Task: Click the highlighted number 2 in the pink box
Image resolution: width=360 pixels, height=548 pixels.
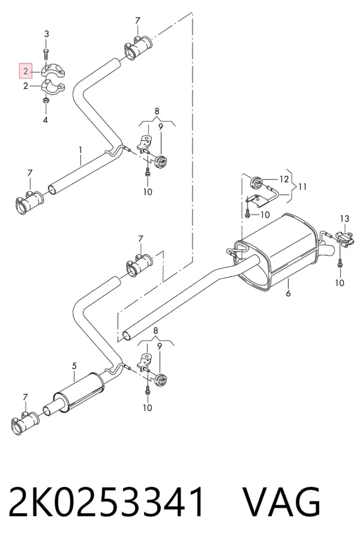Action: (26, 71)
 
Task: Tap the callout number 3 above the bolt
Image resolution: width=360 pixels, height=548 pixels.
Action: (47, 34)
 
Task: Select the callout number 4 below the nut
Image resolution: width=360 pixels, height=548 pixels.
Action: (46, 121)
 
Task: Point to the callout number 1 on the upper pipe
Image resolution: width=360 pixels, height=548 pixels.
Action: (80, 150)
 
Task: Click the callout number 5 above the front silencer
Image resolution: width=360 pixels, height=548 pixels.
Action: (74, 366)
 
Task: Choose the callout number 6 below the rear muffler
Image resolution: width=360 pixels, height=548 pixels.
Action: (288, 293)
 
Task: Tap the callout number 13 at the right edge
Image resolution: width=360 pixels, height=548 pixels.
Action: (344, 219)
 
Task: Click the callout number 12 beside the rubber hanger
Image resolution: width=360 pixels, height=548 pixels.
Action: (284, 179)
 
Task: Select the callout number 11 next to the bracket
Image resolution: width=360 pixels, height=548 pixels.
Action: (302, 186)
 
